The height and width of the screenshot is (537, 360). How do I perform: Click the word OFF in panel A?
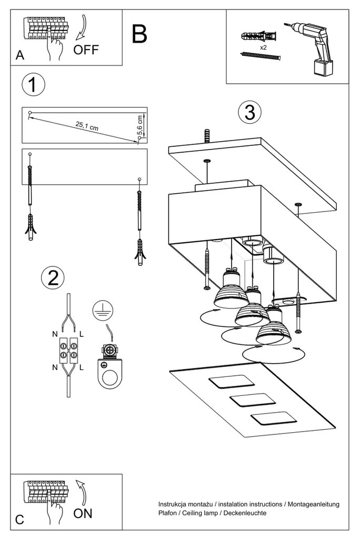point(86,51)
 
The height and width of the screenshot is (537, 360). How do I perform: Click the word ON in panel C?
point(83,513)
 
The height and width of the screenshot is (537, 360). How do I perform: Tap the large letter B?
point(139,34)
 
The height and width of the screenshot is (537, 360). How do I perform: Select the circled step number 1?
point(33,85)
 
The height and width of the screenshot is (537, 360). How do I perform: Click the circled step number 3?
point(249,112)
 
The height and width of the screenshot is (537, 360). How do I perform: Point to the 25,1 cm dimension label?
point(87,125)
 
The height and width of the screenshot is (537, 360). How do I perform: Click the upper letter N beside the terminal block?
point(55,334)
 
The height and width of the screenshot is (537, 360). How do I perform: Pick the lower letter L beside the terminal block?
point(82,368)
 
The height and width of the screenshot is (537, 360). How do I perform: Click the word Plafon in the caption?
point(168,512)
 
